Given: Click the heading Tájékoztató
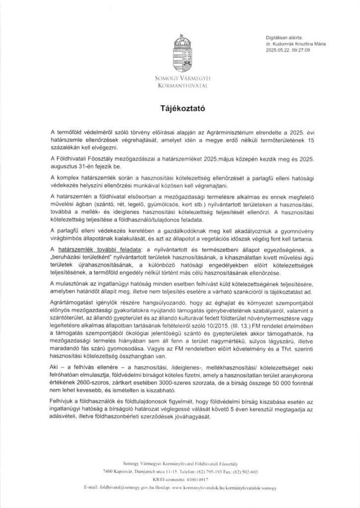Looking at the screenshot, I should tap(180, 107).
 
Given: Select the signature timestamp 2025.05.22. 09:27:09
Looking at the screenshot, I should tap(288, 50).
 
